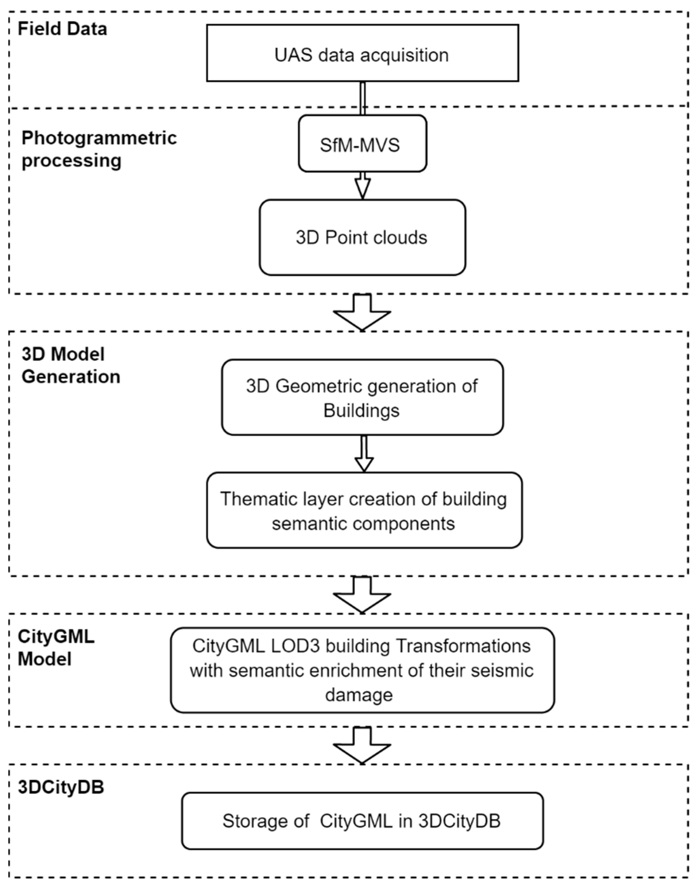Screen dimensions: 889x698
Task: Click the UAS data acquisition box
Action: coord(362,53)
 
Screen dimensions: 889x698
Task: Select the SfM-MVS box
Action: coord(362,144)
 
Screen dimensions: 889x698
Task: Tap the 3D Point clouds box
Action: coord(362,237)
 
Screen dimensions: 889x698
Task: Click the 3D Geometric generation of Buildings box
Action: coord(362,397)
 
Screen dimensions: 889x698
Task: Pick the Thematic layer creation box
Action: coord(364,510)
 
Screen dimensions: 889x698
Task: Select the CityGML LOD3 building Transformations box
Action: coord(362,670)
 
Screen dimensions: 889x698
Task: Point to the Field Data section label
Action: coord(62,29)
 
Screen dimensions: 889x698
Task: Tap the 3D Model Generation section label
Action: coord(71,365)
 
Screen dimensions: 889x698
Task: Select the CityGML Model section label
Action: coord(56,648)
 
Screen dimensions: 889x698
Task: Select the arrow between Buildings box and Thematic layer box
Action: coord(364,454)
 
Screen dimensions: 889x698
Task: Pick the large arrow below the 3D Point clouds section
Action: coord(362,312)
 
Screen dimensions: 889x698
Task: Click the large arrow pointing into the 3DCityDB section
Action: coord(362,745)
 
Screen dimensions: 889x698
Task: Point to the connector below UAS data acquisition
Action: coord(362,98)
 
